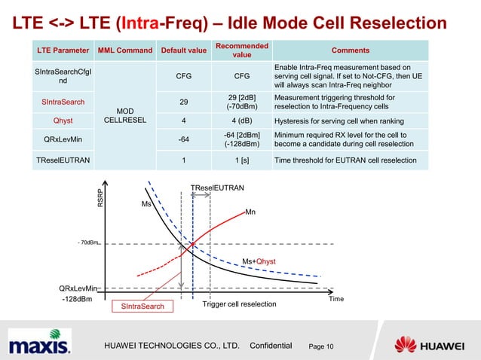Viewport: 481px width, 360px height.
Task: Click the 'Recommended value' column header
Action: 241,50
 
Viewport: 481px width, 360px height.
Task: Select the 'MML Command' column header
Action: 124,50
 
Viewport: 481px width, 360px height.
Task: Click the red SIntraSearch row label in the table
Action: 63,101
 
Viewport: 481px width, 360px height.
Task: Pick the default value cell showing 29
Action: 183,101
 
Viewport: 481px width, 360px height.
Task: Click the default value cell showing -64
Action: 183,139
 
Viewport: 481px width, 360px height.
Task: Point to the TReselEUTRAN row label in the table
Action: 63,160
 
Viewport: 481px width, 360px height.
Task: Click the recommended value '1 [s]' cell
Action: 241,160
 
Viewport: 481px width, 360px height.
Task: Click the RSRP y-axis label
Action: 98,198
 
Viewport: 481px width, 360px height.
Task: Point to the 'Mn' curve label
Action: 250,212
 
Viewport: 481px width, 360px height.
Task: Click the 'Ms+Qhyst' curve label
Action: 258,261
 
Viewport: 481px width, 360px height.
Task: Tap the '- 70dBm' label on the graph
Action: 87,243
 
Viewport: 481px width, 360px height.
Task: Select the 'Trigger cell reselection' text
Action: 240,304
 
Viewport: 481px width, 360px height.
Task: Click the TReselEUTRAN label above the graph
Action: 217,185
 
